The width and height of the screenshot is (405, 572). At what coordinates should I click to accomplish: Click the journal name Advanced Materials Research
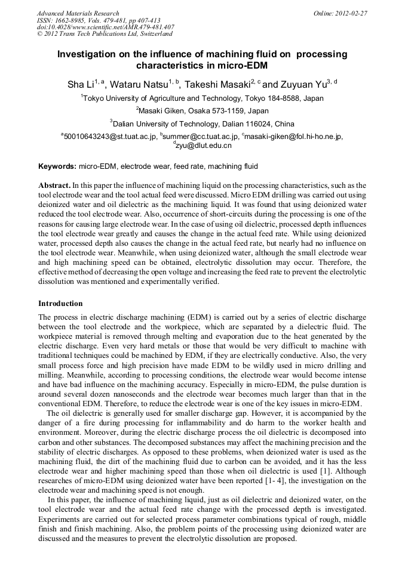point(78,13)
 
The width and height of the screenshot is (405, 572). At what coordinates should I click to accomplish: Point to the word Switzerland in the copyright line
point(153,35)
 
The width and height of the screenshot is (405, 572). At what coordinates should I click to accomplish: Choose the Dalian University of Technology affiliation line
point(202,124)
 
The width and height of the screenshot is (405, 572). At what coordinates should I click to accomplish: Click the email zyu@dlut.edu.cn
point(203,146)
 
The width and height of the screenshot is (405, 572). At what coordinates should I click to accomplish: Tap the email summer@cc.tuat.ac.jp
point(199,137)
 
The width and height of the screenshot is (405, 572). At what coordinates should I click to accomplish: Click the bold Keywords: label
point(57,166)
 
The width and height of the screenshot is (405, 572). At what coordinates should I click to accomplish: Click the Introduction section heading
point(60,304)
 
